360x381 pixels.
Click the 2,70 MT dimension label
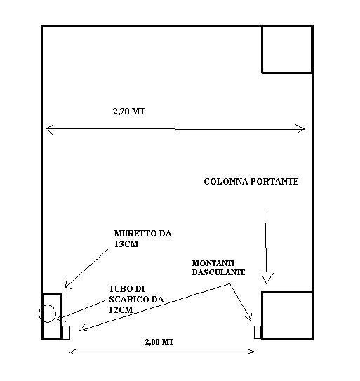(x=129, y=112)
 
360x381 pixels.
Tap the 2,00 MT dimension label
(x=159, y=342)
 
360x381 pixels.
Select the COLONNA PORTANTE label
(x=251, y=182)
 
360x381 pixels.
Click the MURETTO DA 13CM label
(x=143, y=239)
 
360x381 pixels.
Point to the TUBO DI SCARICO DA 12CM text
(x=136, y=299)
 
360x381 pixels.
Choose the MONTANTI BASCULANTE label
(x=218, y=267)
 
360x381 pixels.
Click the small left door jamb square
(x=67, y=333)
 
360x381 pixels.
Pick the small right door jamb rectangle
(x=258, y=332)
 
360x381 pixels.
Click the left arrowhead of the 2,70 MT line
(x=47, y=129)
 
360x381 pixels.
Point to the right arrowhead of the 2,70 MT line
(x=305, y=129)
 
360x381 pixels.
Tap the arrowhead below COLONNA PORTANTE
(x=267, y=283)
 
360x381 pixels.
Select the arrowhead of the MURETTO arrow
(x=66, y=288)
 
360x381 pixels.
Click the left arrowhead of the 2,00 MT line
(x=69, y=352)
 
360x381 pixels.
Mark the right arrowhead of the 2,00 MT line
(x=255, y=352)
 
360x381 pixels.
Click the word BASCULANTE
(x=218, y=272)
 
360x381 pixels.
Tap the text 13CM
(x=126, y=244)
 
